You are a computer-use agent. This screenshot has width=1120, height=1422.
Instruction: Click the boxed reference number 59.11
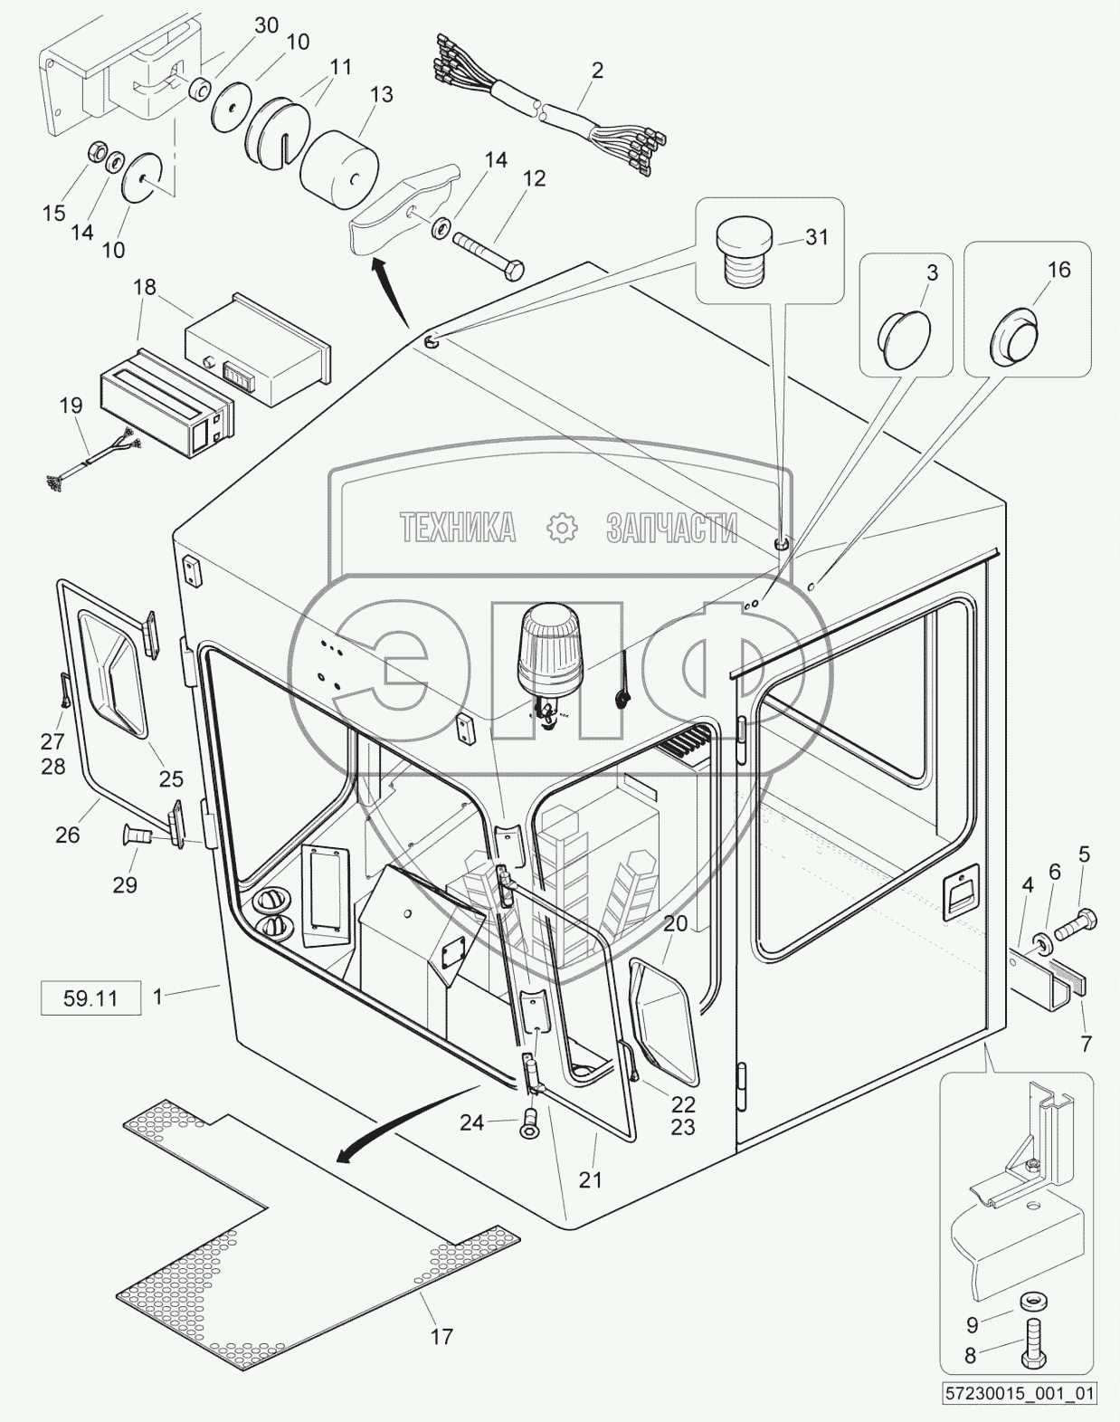point(90,998)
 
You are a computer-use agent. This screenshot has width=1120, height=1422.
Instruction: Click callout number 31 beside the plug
point(817,237)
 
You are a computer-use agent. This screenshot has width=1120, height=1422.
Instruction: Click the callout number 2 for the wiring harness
point(597,70)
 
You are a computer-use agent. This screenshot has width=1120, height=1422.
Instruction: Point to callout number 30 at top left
point(266,25)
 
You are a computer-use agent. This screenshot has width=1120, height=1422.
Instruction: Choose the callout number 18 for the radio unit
point(145,287)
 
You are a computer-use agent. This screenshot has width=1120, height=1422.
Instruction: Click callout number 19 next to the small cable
point(71,405)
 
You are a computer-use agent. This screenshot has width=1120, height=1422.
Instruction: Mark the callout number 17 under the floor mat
point(441,1336)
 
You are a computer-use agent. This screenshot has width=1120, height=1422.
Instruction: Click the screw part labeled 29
point(133,834)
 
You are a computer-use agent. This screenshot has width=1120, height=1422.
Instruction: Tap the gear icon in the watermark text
point(563,528)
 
